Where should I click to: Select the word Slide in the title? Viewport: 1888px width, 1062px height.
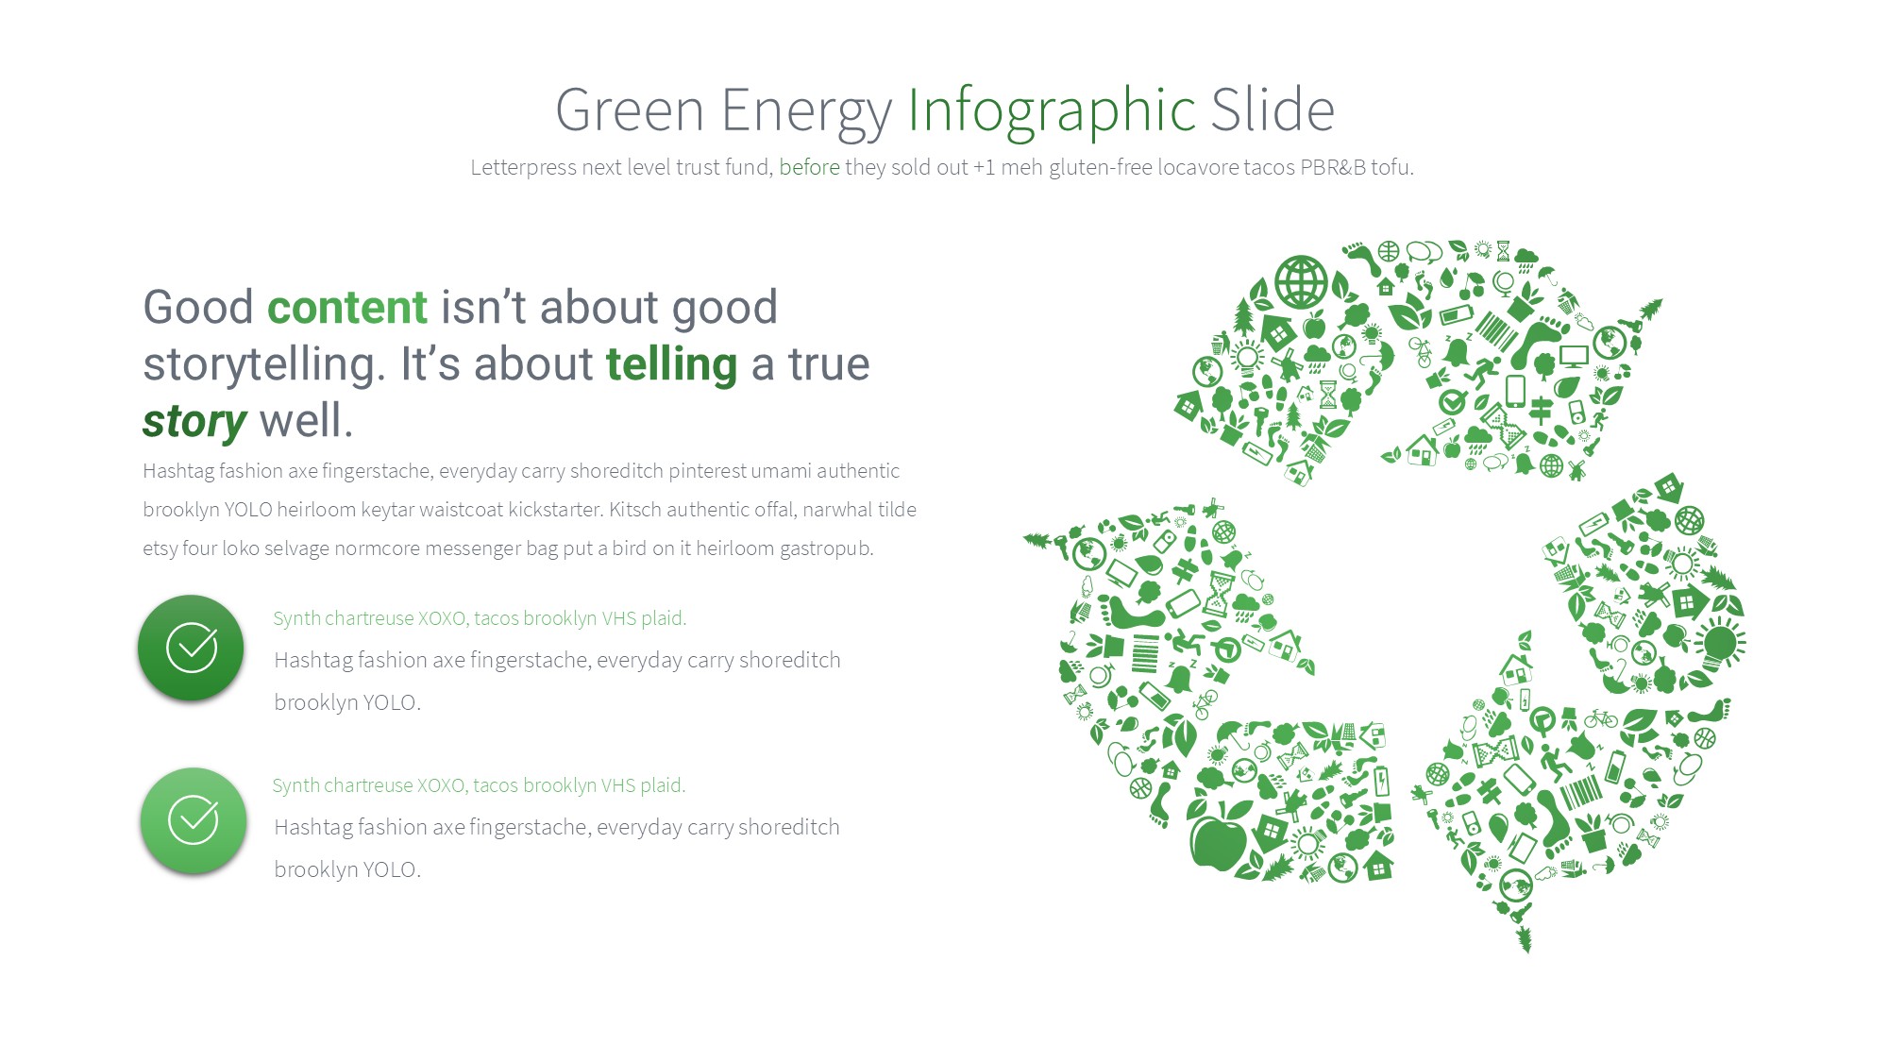pyautogui.click(x=1273, y=110)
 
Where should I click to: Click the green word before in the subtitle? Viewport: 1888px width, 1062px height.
pyautogui.click(x=809, y=167)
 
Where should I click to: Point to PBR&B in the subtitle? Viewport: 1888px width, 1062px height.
pyautogui.click(x=1333, y=167)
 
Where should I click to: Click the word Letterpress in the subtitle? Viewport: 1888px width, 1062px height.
pyautogui.click(x=523, y=168)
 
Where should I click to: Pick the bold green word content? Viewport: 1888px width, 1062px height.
pyautogui.click(x=347, y=308)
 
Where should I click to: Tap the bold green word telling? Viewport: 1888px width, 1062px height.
pyautogui.click(x=671, y=365)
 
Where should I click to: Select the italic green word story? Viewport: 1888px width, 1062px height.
pyautogui.click(x=194, y=422)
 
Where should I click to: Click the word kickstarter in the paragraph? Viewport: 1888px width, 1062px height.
pyautogui.click(x=554, y=510)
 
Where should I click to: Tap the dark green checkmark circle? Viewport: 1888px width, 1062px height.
pyautogui.click(x=191, y=648)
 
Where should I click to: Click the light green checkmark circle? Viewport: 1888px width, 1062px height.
pyautogui.click(x=194, y=820)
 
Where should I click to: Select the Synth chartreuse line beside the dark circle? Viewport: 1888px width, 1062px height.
pyautogui.click(x=480, y=618)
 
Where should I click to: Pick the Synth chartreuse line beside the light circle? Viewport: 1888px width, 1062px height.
pyautogui.click(x=479, y=785)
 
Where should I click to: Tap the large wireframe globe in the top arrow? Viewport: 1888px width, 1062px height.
pyautogui.click(x=1301, y=281)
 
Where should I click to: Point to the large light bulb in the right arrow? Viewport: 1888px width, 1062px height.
pyautogui.click(x=1718, y=644)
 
